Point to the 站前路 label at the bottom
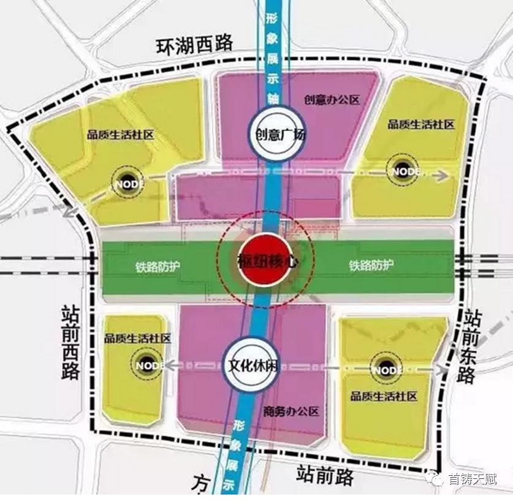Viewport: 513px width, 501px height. click(x=327, y=473)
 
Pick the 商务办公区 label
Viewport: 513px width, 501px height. click(x=291, y=411)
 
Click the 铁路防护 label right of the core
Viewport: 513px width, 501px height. click(x=371, y=266)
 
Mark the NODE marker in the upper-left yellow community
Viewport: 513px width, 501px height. click(x=129, y=181)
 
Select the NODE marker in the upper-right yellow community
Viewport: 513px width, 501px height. click(x=404, y=170)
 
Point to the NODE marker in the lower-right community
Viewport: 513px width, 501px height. click(x=387, y=369)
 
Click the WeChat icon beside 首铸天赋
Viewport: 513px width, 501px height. click(x=436, y=478)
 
